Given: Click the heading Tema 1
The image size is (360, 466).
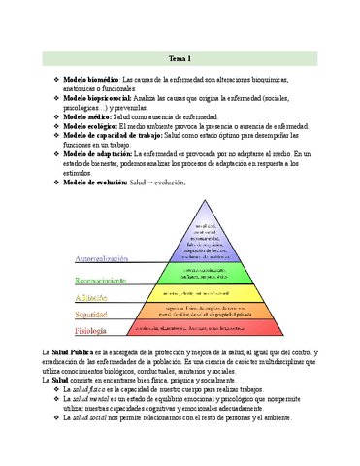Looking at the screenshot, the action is [x=180, y=57].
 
